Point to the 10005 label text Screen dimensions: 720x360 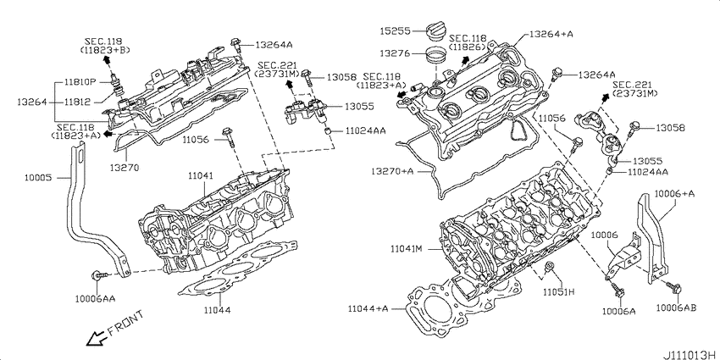tap(39, 177)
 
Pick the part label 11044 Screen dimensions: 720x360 tap(218, 310)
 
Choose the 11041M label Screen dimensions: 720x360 tap(407, 249)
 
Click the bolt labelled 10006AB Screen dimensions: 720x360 tap(674, 287)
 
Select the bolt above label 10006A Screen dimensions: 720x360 tap(615, 289)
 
